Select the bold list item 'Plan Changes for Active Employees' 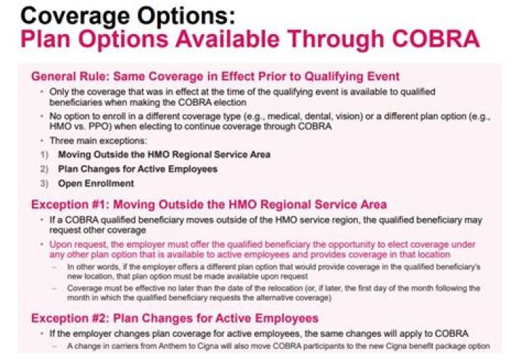(x=138, y=169)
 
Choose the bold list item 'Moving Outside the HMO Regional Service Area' (x=164, y=154)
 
